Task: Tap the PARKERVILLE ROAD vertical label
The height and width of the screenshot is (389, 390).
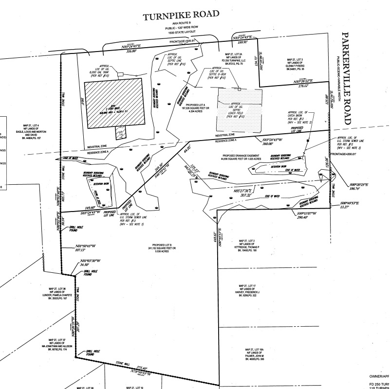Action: click(x=347, y=78)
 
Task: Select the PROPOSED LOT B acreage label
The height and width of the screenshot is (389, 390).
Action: click(x=163, y=248)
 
